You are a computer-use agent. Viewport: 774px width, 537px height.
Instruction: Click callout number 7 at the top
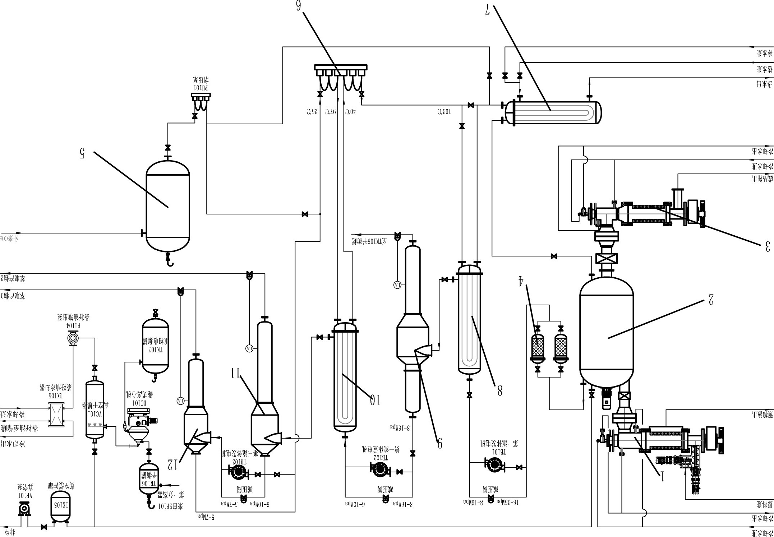[488, 10]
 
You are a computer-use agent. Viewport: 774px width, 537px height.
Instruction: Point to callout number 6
[298, 6]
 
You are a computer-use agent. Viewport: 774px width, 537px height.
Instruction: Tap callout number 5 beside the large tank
[82, 154]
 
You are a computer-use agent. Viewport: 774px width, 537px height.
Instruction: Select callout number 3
[767, 246]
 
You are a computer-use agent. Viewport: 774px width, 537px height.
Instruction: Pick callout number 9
[439, 443]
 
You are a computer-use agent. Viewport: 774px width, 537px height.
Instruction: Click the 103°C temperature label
[444, 112]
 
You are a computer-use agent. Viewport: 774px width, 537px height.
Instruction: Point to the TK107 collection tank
[155, 350]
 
